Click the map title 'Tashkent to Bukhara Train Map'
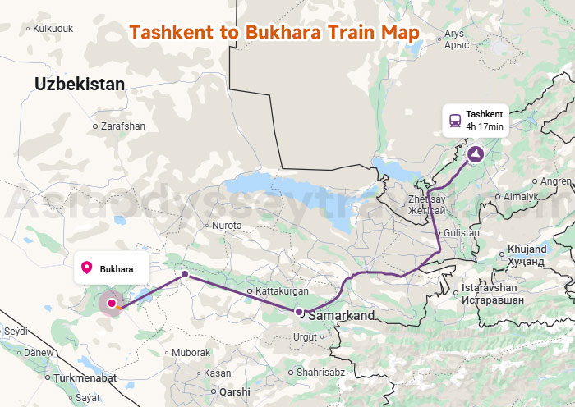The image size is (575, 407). point(274,32)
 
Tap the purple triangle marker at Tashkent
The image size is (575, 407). point(476,153)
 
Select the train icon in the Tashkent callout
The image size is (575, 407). point(454,120)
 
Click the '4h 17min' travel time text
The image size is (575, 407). point(484,126)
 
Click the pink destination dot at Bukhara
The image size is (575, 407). point(112,303)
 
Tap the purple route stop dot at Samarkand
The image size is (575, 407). point(300,311)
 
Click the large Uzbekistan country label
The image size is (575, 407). point(80,84)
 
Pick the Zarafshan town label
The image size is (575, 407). point(122,126)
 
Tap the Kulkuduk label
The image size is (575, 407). point(53,28)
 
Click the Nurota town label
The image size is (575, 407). point(227,225)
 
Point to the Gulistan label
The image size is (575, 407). point(461,233)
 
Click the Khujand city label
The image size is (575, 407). point(527,249)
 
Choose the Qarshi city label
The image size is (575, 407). point(234,391)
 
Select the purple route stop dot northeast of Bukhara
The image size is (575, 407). point(185,274)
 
